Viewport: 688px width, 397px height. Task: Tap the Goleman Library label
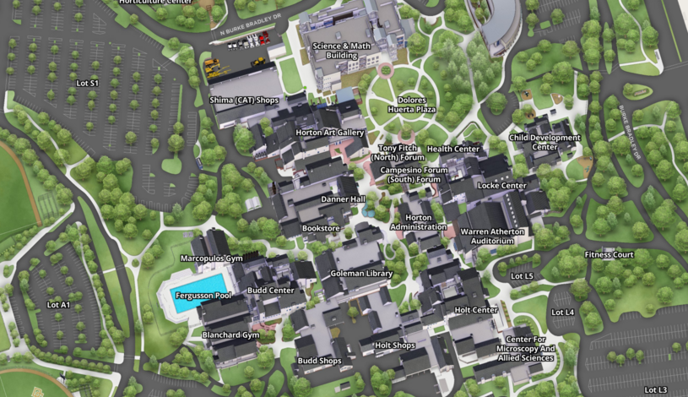point(361,274)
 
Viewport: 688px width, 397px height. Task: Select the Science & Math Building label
point(335,51)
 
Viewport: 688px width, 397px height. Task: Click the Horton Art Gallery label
point(330,133)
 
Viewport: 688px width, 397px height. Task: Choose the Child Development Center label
point(544,142)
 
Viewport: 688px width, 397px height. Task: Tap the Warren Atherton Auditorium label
point(492,236)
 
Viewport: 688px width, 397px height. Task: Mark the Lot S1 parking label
point(88,83)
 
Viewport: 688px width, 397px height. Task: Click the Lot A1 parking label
point(58,304)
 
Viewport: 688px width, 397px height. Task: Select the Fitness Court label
point(609,254)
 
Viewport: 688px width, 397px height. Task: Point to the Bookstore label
point(321,228)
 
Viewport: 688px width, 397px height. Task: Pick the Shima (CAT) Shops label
point(244,100)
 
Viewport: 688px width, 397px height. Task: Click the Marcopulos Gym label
point(211,258)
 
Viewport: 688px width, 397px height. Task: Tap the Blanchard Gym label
point(230,334)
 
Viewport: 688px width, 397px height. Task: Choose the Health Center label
point(453,149)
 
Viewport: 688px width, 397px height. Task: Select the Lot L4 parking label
point(562,313)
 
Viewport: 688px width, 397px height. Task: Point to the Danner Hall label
point(343,199)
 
